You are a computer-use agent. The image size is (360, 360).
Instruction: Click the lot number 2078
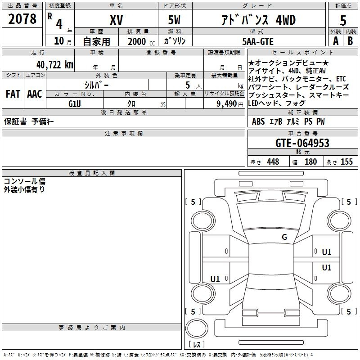[x=22, y=19]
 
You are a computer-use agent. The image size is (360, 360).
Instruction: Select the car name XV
[x=117, y=20]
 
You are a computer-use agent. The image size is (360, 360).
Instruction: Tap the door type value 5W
[x=174, y=20]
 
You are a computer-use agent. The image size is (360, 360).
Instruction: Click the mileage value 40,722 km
[x=55, y=65]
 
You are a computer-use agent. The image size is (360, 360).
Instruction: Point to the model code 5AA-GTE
[x=258, y=41]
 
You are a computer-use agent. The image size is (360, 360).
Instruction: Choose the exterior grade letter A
[x=336, y=41]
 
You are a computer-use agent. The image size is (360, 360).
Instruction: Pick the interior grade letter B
[x=350, y=41]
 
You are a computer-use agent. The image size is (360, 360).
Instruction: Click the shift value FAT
[x=13, y=94]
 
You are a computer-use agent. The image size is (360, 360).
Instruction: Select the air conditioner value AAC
[x=35, y=94]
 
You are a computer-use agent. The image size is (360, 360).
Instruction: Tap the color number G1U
[x=75, y=104]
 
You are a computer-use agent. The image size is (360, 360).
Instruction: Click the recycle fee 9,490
[x=227, y=104]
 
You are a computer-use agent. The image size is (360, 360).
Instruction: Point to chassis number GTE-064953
[x=302, y=143]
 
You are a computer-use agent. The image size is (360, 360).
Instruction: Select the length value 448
[x=273, y=162]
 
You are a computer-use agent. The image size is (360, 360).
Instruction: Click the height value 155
[x=346, y=162]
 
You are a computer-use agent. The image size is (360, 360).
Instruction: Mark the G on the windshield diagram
[x=284, y=237]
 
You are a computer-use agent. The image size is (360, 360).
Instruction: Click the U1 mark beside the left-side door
[x=215, y=279]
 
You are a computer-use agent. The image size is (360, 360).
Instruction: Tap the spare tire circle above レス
[x=197, y=328]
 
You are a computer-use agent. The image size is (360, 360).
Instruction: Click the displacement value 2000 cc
[x=141, y=41]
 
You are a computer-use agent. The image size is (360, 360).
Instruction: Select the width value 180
[x=310, y=162]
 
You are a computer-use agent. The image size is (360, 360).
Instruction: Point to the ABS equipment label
[x=258, y=121]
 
